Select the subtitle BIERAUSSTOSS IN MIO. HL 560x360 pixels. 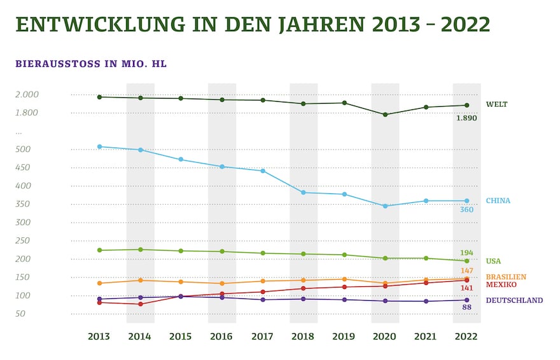click(x=91, y=64)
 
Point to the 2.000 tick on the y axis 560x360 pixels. click(x=27, y=94)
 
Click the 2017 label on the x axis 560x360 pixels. click(x=263, y=336)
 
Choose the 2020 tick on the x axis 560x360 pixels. click(x=385, y=336)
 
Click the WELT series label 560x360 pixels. click(x=496, y=104)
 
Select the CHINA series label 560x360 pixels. click(x=498, y=200)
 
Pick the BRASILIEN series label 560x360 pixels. click(x=506, y=277)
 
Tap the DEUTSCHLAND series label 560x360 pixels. click(x=514, y=300)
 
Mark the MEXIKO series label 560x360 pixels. click(x=500, y=284)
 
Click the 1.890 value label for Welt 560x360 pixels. click(x=466, y=118)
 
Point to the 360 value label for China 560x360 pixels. click(x=466, y=210)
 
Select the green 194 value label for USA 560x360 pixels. click(x=466, y=253)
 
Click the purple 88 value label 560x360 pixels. click(x=466, y=308)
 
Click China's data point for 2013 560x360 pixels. click(x=99, y=146)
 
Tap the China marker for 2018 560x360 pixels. click(x=304, y=192)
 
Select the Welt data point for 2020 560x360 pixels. click(x=385, y=114)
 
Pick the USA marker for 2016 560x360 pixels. click(x=221, y=251)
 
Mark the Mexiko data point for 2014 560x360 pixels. click(x=140, y=304)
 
